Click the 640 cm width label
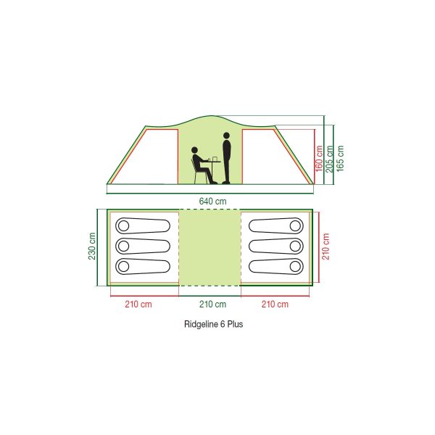(x=212, y=201)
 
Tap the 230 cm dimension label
(x=92, y=246)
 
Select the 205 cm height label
(x=330, y=159)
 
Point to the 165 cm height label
(x=340, y=158)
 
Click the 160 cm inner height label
(x=319, y=158)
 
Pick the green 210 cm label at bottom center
(x=212, y=304)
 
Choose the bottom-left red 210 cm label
(x=138, y=304)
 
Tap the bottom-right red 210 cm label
(x=275, y=304)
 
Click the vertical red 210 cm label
(x=326, y=246)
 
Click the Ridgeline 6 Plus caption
(x=214, y=324)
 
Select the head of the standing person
(x=226, y=136)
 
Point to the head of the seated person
(x=194, y=150)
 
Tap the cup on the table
(x=214, y=159)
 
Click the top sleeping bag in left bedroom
(x=143, y=225)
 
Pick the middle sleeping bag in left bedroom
(x=143, y=246)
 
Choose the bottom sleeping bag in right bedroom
(x=276, y=267)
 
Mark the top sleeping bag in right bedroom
(x=276, y=225)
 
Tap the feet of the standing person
(x=225, y=183)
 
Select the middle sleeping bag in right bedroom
(x=276, y=246)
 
